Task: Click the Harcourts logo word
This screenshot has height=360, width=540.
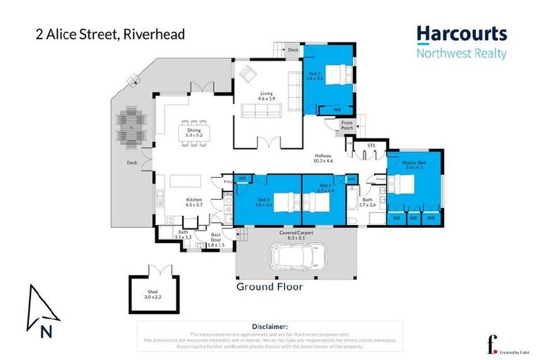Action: click(x=461, y=34)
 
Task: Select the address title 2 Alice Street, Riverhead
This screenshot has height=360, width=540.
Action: click(x=110, y=34)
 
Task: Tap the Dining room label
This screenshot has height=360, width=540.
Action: click(x=194, y=131)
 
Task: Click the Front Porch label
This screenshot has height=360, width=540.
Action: click(x=347, y=125)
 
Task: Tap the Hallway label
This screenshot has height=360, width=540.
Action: click(x=323, y=158)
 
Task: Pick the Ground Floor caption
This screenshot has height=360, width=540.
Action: click(x=269, y=287)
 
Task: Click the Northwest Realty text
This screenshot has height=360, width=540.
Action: click(x=461, y=52)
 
